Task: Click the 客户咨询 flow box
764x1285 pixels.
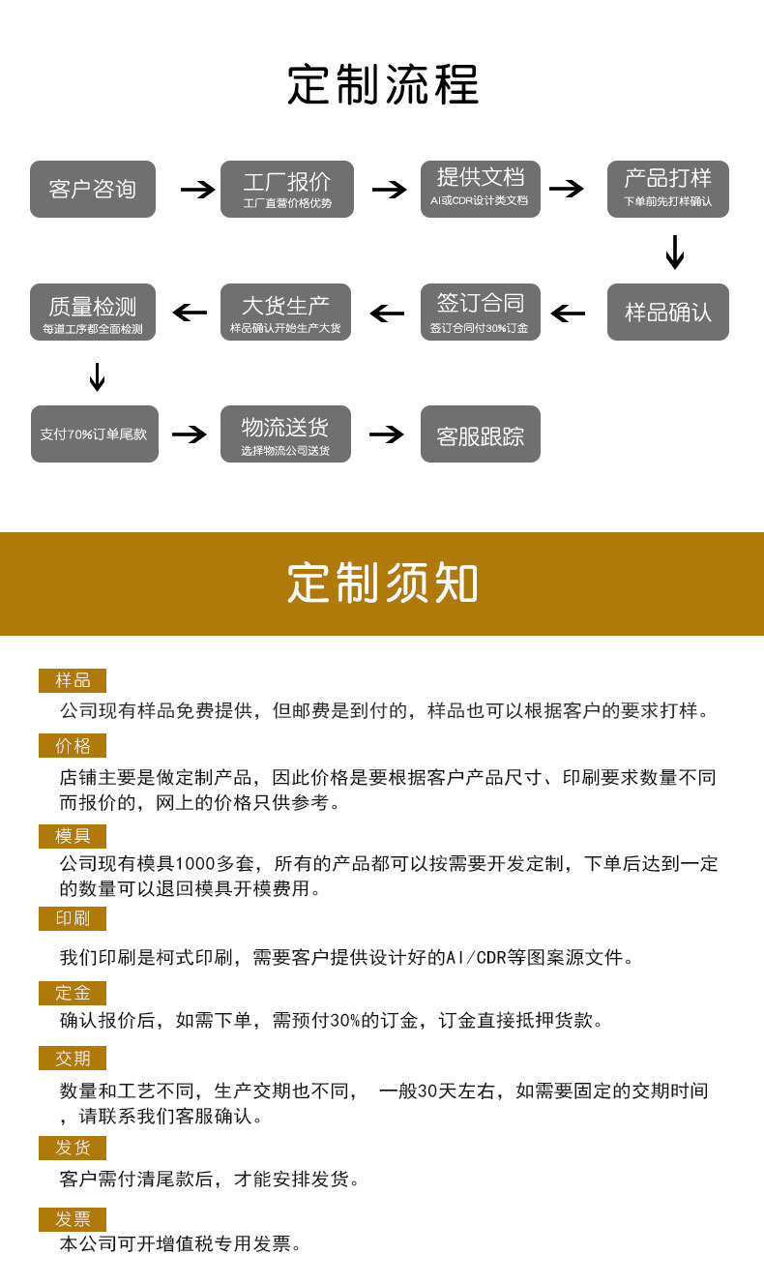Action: [93, 189]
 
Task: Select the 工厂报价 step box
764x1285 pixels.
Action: [287, 189]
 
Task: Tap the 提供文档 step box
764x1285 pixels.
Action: [481, 189]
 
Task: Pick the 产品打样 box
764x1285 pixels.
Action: [668, 189]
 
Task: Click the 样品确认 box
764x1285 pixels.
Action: [668, 312]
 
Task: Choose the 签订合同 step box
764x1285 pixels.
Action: [481, 312]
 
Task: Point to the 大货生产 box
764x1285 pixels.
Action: [285, 312]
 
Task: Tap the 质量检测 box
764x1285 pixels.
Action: [93, 312]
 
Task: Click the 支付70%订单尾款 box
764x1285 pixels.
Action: [95, 433]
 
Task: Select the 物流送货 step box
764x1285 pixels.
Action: [285, 433]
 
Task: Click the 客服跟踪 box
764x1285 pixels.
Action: [481, 433]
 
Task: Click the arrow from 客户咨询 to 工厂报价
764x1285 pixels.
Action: [197, 190]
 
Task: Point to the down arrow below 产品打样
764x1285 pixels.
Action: [675, 252]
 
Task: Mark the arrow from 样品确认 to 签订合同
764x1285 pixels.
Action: [568, 314]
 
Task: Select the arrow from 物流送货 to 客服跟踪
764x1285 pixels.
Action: [386, 434]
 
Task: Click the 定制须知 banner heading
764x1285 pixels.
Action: [382, 583]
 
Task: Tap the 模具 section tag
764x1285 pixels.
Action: [73, 836]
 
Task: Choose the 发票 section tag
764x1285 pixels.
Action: [73, 1219]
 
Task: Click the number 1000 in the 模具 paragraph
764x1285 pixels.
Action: [195, 863]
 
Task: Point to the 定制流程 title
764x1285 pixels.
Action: [382, 85]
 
